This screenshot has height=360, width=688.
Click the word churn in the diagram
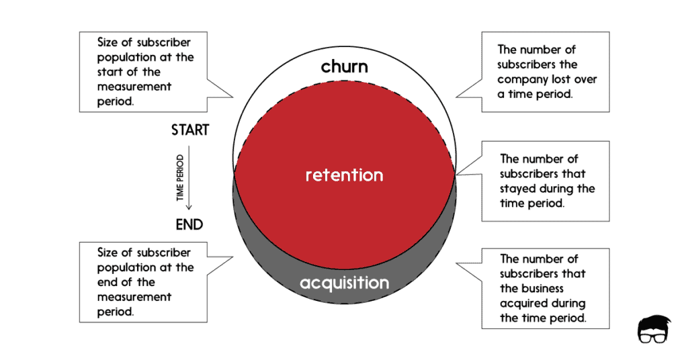click(344, 66)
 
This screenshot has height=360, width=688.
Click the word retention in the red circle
click(344, 175)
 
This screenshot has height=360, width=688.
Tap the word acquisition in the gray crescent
click(344, 283)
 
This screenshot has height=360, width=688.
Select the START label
click(190, 130)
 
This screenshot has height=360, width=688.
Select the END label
click(189, 224)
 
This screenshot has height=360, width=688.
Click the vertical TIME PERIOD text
click(179, 178)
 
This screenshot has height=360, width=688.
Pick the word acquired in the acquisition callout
click(523, 303)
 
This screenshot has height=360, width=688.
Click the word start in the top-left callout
click(113, 72)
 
